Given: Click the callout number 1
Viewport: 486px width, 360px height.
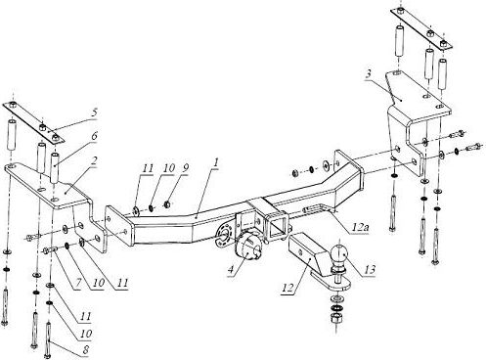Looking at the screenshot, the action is click(216, 163).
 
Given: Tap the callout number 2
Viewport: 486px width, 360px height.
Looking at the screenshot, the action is click(94, 162).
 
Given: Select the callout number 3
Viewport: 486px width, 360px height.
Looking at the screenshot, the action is click(368, 73).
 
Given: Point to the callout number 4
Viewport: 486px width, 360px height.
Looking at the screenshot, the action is click(231, 269).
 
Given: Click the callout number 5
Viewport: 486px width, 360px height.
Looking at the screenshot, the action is click(94, 112).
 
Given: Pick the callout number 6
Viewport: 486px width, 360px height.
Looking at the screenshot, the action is click(94, 136).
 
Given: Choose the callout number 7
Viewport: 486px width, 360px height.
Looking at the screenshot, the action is click(78, 283).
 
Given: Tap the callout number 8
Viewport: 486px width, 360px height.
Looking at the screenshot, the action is click(86, 350).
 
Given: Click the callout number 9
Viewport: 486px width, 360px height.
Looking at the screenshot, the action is click(185, 168).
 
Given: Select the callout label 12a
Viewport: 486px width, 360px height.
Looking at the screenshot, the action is click(360, 227).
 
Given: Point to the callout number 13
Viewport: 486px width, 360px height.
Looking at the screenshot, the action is click(370, 269).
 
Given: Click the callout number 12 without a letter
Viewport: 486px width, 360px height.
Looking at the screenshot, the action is click(288, 288).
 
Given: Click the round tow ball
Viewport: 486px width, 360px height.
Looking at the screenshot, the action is click(339, 255).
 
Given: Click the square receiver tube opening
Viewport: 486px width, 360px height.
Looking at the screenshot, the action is click(277, 227).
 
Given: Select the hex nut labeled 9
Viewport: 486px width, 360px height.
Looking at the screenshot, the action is click(167, 204).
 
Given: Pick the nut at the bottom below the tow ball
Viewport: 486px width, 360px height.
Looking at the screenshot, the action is click(335, 318).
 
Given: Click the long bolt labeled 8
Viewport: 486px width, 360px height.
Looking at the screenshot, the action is click(49, 339).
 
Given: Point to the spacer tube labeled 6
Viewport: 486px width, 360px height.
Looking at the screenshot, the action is click(55, 166).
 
